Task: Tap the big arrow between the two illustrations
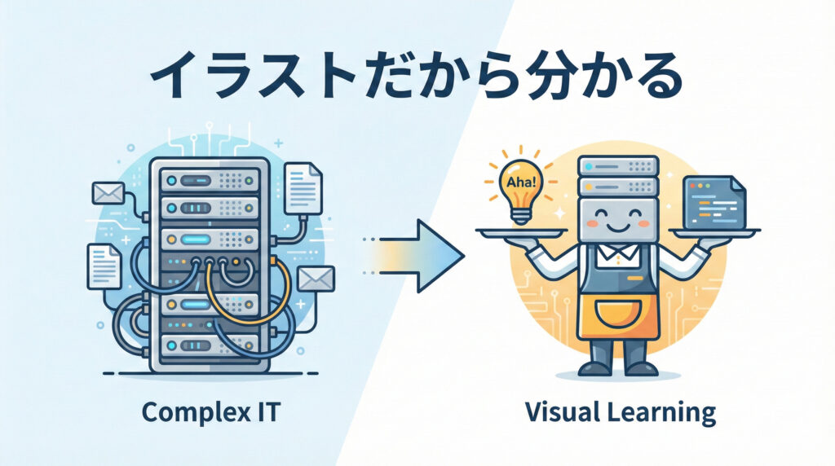click(x=432, y=255)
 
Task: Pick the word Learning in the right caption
click(x=661, y=412)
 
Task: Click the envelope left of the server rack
click(x=108, y=194)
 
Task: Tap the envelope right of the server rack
click(x=316, y=279)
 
